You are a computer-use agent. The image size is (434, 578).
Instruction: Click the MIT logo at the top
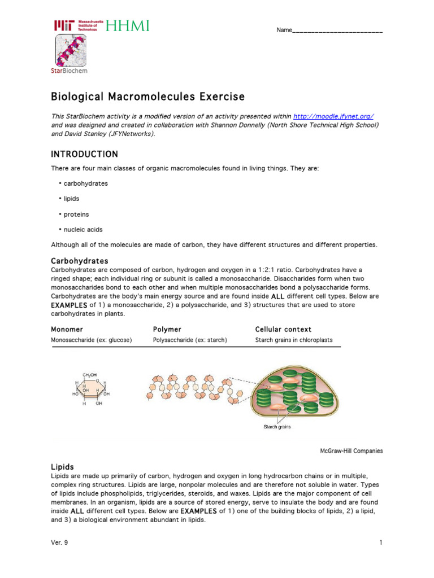(x=75, y=25)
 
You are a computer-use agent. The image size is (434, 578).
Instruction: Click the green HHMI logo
(x=127, y=25)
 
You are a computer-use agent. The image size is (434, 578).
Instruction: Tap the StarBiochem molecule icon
(x=71, y=50)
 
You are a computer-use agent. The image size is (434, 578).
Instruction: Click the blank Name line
(x=337, y=30)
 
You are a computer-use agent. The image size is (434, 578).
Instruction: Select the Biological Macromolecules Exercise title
(x=148, y=97)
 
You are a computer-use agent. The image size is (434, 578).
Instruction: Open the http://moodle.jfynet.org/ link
(x=333, y=116)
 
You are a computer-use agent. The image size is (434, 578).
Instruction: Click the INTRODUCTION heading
(x=85, y=154)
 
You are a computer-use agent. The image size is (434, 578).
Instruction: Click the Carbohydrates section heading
(x=80, y=261)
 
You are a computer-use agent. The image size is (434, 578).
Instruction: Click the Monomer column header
(x=67, y=329)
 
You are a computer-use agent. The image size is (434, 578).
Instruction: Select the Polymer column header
(x=167, y=329)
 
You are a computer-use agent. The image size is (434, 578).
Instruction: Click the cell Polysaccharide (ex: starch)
(x=190, y=340)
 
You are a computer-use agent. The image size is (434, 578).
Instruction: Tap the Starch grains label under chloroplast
(x=277, y=427)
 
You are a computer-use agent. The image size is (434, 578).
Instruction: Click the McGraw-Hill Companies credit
(x=351, y=451)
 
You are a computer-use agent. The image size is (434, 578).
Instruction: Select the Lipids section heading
(x=63, y=467)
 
